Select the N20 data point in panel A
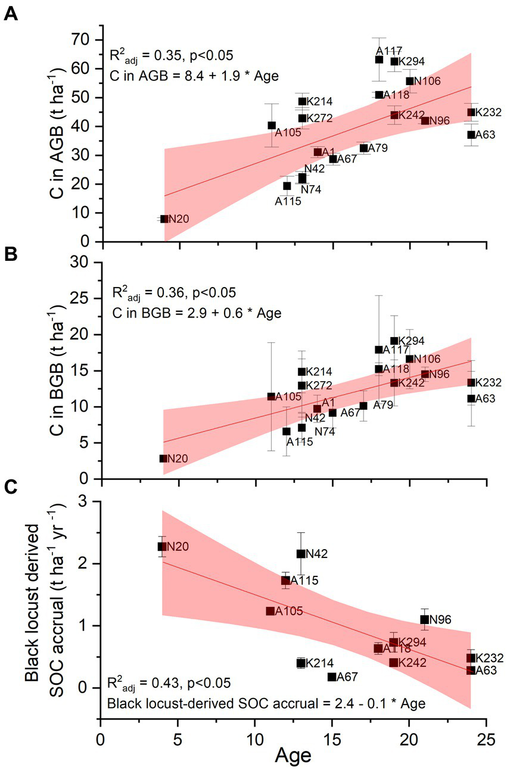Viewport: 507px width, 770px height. [164, 219]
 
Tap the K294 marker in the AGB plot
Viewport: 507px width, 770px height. [394, 61]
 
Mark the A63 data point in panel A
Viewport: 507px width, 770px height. [471, 135]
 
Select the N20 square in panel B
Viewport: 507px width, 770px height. [163, 459]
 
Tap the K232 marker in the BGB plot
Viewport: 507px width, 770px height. [471, 382]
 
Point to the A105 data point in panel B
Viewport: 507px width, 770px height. [272, 397]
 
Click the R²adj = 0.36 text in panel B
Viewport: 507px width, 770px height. [174, 294]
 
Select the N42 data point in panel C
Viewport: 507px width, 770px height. [301, 554]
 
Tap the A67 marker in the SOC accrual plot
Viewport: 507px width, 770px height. [332, 677]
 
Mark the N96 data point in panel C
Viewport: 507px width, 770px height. [425, 619]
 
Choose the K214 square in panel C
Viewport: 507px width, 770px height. [301, 663]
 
